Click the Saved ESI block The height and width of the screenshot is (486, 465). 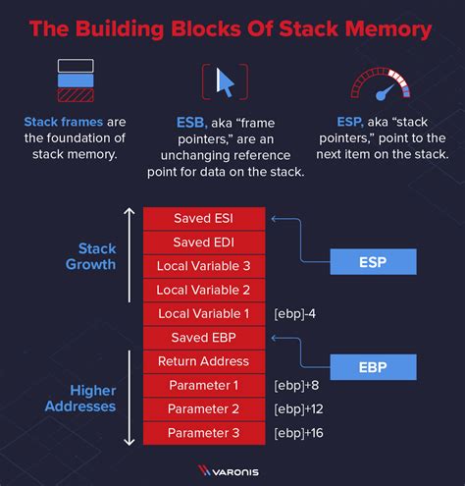pyautogui.click(x=204, y=218)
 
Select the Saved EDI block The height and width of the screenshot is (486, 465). pyautogui.click(x=204, y=242)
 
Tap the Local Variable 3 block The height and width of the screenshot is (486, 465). pyautogui.click(x=204, y=266)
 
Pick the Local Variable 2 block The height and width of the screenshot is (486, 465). pyautogui.click(x=204, y=290)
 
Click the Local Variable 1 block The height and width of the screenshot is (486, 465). pyautogui.click(x=204, y=314)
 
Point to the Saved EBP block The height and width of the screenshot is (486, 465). pyautogui.click(x=204, y=338)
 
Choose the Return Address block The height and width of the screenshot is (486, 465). pyautogui.click(x=204, y=361)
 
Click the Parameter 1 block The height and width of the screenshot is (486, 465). pyautogui.click(x=204, y=385)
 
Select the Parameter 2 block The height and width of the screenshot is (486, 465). pyautogui.click(x=204, y=408)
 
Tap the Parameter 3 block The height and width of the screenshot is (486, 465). pyautogui.click(x=204, y=433)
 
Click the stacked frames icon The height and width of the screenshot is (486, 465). pyautogui.click(x=75, y=82)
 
